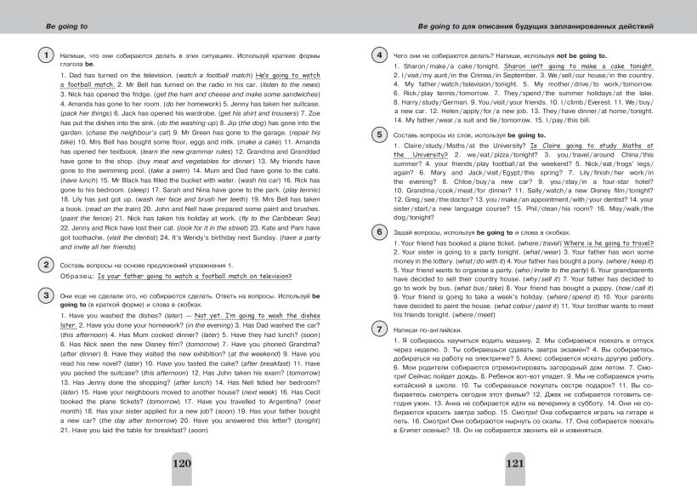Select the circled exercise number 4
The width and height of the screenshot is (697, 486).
pyautogui.click(x=380, y=56)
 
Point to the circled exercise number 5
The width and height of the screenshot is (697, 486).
pyautogui.click(x=380, y=135)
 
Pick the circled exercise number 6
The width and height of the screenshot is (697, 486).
pyautogui.click(x=380, y=232)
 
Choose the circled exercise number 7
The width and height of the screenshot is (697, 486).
pyautogui.click(x=380, y=329)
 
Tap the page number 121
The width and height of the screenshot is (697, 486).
pyautogui.click(x=518, y=464)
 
